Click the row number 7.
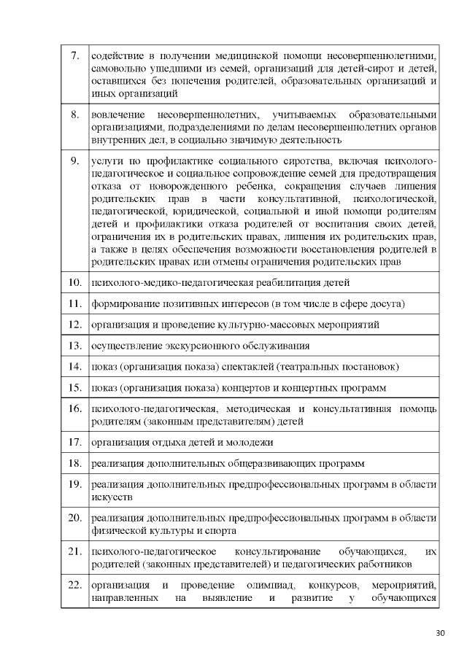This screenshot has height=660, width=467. click(74, 56)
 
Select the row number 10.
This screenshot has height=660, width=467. click(74, 282)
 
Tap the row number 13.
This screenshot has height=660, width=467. click(74, 345)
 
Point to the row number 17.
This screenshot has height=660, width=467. click(74, 442)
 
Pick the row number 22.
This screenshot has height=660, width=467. click(74, 586)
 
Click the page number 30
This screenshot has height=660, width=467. click(439, 632)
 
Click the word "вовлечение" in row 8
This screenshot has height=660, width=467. click(117, 114)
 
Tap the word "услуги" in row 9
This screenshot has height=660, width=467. click(105, 160)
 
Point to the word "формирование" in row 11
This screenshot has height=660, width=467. click(125, 303)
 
